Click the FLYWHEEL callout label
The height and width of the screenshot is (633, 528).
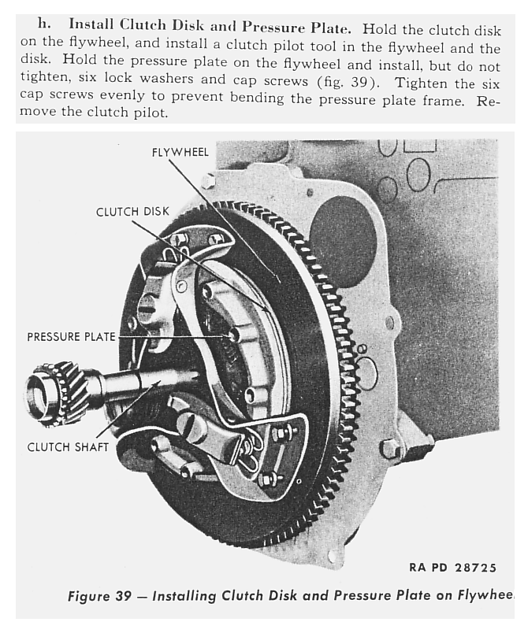point(180,152)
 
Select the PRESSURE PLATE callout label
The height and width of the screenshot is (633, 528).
point(71,336)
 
